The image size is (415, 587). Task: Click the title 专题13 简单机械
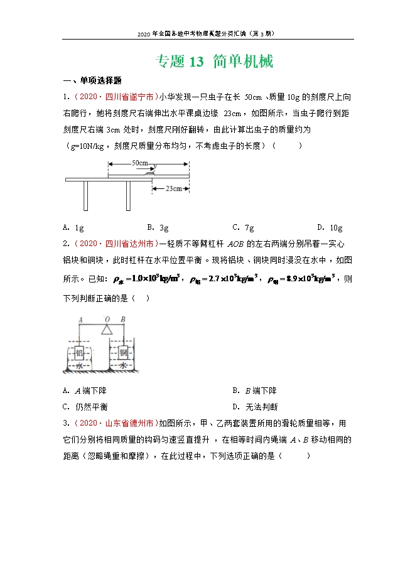[x=213, y=62]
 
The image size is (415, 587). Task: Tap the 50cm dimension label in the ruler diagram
[x=140, y=163]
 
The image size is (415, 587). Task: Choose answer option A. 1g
[x=74, y=227]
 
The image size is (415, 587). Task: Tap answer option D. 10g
[x=330, y=227]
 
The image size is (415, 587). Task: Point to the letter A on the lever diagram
[x=80, y=319]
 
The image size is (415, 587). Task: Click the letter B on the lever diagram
[x=123, y=319]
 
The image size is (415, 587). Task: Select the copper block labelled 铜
[x=124, y=353]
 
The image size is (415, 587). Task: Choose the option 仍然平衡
[x=89, y=406]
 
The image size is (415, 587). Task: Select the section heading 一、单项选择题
[x=92, y=80]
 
